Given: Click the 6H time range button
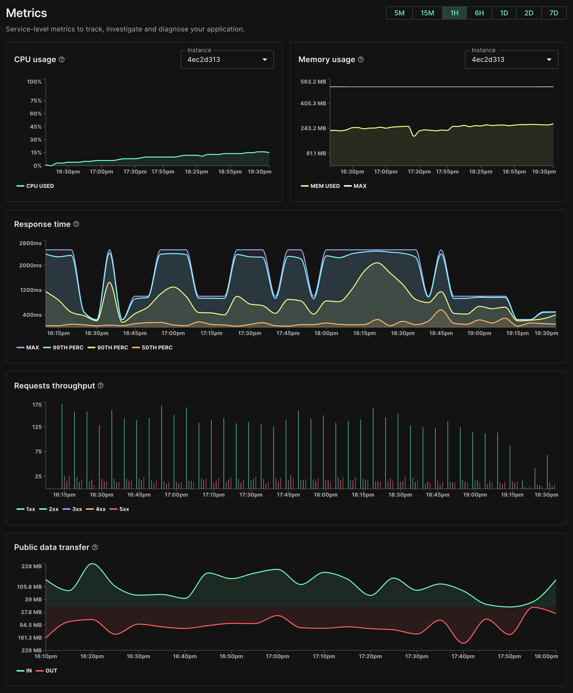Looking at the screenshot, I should [479, 13].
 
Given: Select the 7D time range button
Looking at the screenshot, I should [554, 13].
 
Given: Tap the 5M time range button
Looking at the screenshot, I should [399, 13].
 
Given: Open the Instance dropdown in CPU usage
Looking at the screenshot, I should [227, 60].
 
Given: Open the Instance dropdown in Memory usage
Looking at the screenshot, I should [511, 60].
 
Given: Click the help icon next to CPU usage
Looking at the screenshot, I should [62, 59].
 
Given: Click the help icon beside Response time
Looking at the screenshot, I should [76, 224].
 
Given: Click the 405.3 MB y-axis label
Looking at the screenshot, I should [313, 103].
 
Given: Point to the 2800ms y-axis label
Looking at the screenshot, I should [30, 243].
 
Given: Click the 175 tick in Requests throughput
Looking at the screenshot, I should [37, 404].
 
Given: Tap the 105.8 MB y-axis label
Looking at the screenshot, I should [29, 587].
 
